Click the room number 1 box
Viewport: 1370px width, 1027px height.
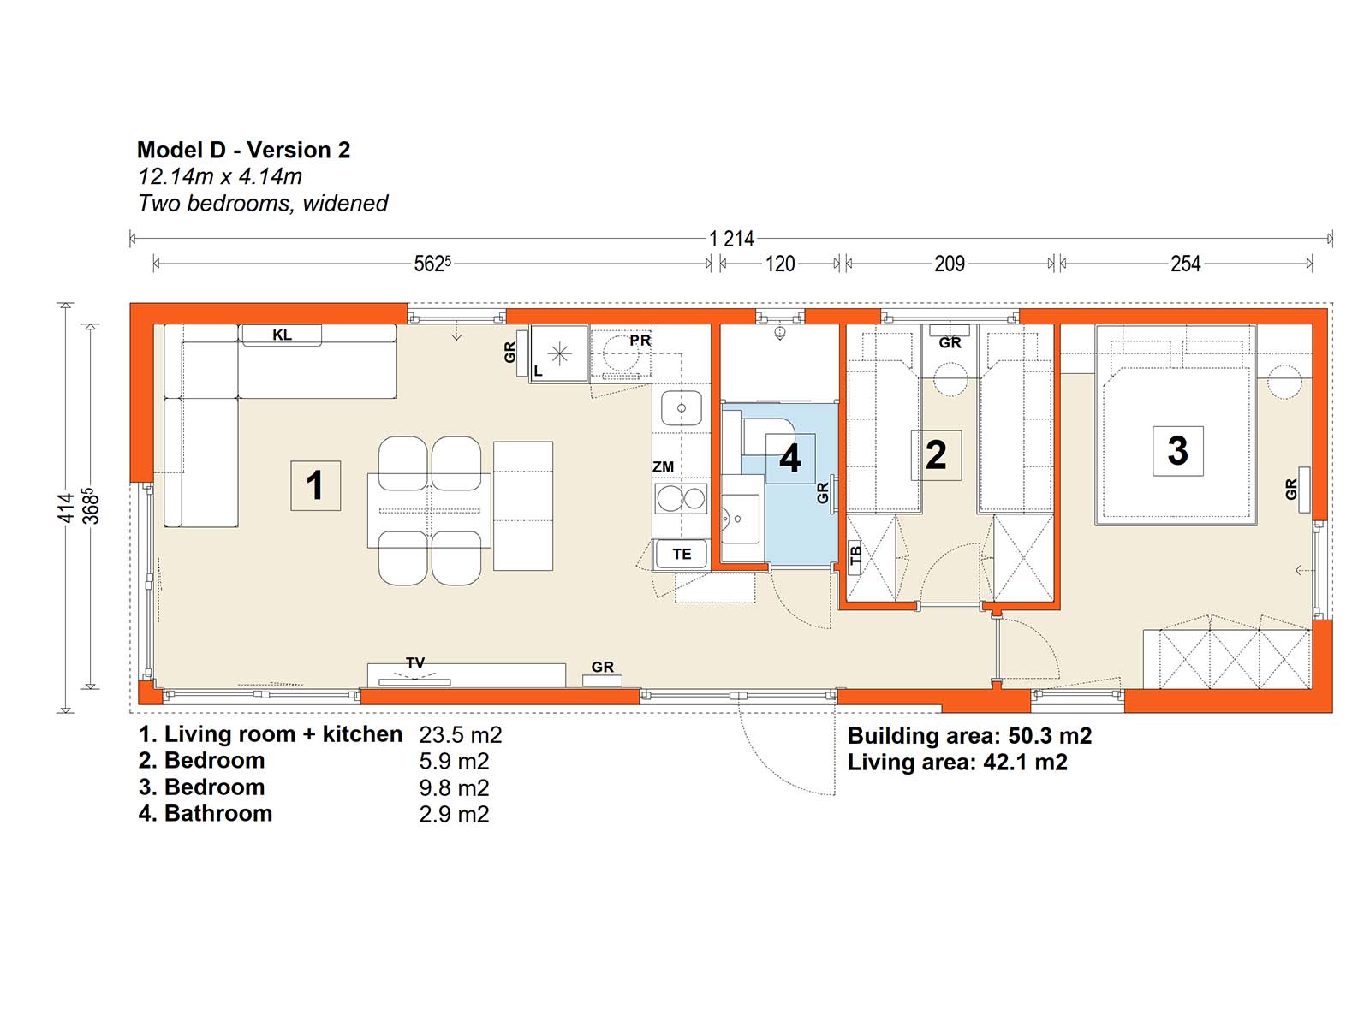tap(315, 485)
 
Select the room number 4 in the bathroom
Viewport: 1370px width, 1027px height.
tap(789, 459)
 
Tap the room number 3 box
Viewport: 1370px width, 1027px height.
tap(1177, 451)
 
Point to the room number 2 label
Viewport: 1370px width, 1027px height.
tap(936, 454)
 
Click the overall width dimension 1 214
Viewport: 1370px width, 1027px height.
tap(731, 239)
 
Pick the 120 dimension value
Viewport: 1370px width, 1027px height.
tap(780, 264)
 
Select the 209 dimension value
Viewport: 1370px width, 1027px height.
tap(950, 264)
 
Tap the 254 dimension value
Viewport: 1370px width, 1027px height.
tap(1185, 264)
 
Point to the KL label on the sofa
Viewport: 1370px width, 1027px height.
tap(282, 335)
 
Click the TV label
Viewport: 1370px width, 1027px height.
tap(415, 662)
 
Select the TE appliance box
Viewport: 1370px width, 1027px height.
tap(681, 554)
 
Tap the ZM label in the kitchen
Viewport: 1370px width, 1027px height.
tap(663, 466)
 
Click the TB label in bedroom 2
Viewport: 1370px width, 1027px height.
tap(855, 554)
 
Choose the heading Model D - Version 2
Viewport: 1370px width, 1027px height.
tap(243, 150)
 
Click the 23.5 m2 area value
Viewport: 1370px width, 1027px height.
tap(461, 734)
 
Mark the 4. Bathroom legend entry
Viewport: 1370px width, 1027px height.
tap(205, 814)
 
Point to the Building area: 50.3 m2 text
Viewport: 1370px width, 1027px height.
tap(970, 736)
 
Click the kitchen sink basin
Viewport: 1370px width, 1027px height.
tap(681, 408)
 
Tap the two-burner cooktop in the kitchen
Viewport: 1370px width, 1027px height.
tap(681, 499)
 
